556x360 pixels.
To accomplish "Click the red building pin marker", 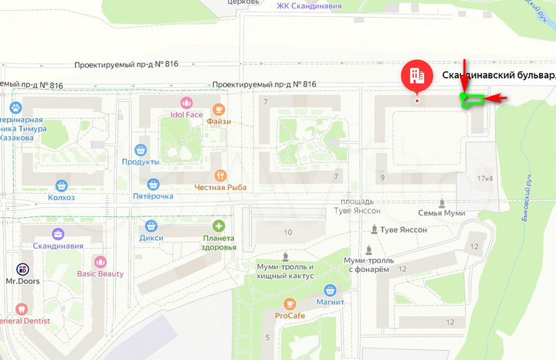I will click(x=416, y=76).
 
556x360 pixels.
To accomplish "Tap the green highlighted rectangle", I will click(x=471, y=98).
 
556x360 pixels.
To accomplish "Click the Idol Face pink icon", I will click(x=185, y=103).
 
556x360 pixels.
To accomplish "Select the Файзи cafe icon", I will click(x=219, y=109).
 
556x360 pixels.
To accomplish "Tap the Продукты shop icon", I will click(x=141, y=149).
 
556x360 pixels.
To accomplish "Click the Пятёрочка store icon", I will click(x=153, y=184).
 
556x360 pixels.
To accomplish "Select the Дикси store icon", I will click(x=151, y=226).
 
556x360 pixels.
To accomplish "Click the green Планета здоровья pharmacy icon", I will click(x=219, y=226).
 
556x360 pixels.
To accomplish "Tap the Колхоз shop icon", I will click(x=62, y=185).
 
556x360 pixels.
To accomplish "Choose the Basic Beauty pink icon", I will click(x=99, y=261).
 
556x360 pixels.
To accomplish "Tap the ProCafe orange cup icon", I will click(x=290, y=304).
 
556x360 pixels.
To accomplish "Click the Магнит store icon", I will click(x=330, y=290).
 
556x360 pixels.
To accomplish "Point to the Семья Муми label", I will click(x=441, y=212).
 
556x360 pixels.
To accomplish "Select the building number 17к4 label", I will click(x=485, y=179).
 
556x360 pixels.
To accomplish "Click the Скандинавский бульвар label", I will click(x=499, y=76).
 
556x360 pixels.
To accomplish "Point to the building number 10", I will click(x=288, y=233).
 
